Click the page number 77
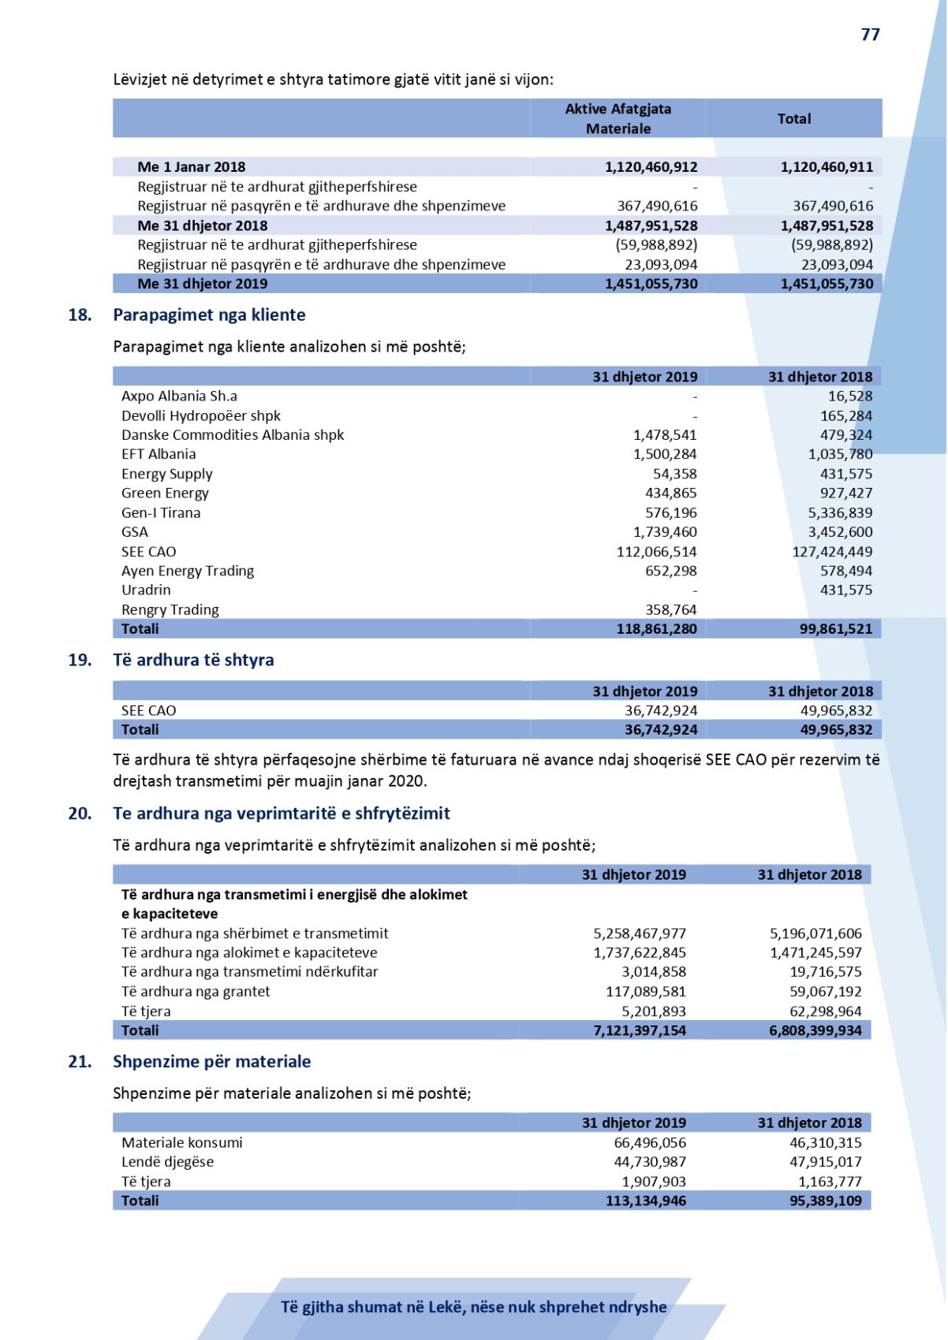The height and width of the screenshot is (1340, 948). coord(870,35)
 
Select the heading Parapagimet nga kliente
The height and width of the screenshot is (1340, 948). coord(209,315)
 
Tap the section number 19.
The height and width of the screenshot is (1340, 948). coord(80,661)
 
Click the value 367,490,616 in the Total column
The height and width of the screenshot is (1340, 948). coord(833,207)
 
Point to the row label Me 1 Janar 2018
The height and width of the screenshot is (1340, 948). coord(191,167)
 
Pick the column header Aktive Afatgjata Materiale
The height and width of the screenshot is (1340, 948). coord(618,119)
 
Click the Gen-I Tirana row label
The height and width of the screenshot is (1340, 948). coord(161,513)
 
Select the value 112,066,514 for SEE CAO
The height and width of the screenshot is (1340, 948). coord(656,552)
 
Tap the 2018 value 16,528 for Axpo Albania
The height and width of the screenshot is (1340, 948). coord(850,396)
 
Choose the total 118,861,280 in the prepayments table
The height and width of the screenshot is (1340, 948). coord(656,629)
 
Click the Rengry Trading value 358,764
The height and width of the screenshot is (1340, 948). coord(670,610)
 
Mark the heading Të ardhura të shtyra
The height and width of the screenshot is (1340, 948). coord(193,661)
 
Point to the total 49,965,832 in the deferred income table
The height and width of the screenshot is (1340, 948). coord(836,730)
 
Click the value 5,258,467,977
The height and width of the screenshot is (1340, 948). coord(640,934)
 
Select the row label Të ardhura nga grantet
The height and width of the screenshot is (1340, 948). coord(196,992)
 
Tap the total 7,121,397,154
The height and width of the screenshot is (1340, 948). coord(640,1031)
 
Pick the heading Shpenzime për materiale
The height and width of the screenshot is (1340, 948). coord(211,1062)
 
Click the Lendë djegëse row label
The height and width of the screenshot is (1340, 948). coord(167,1163)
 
